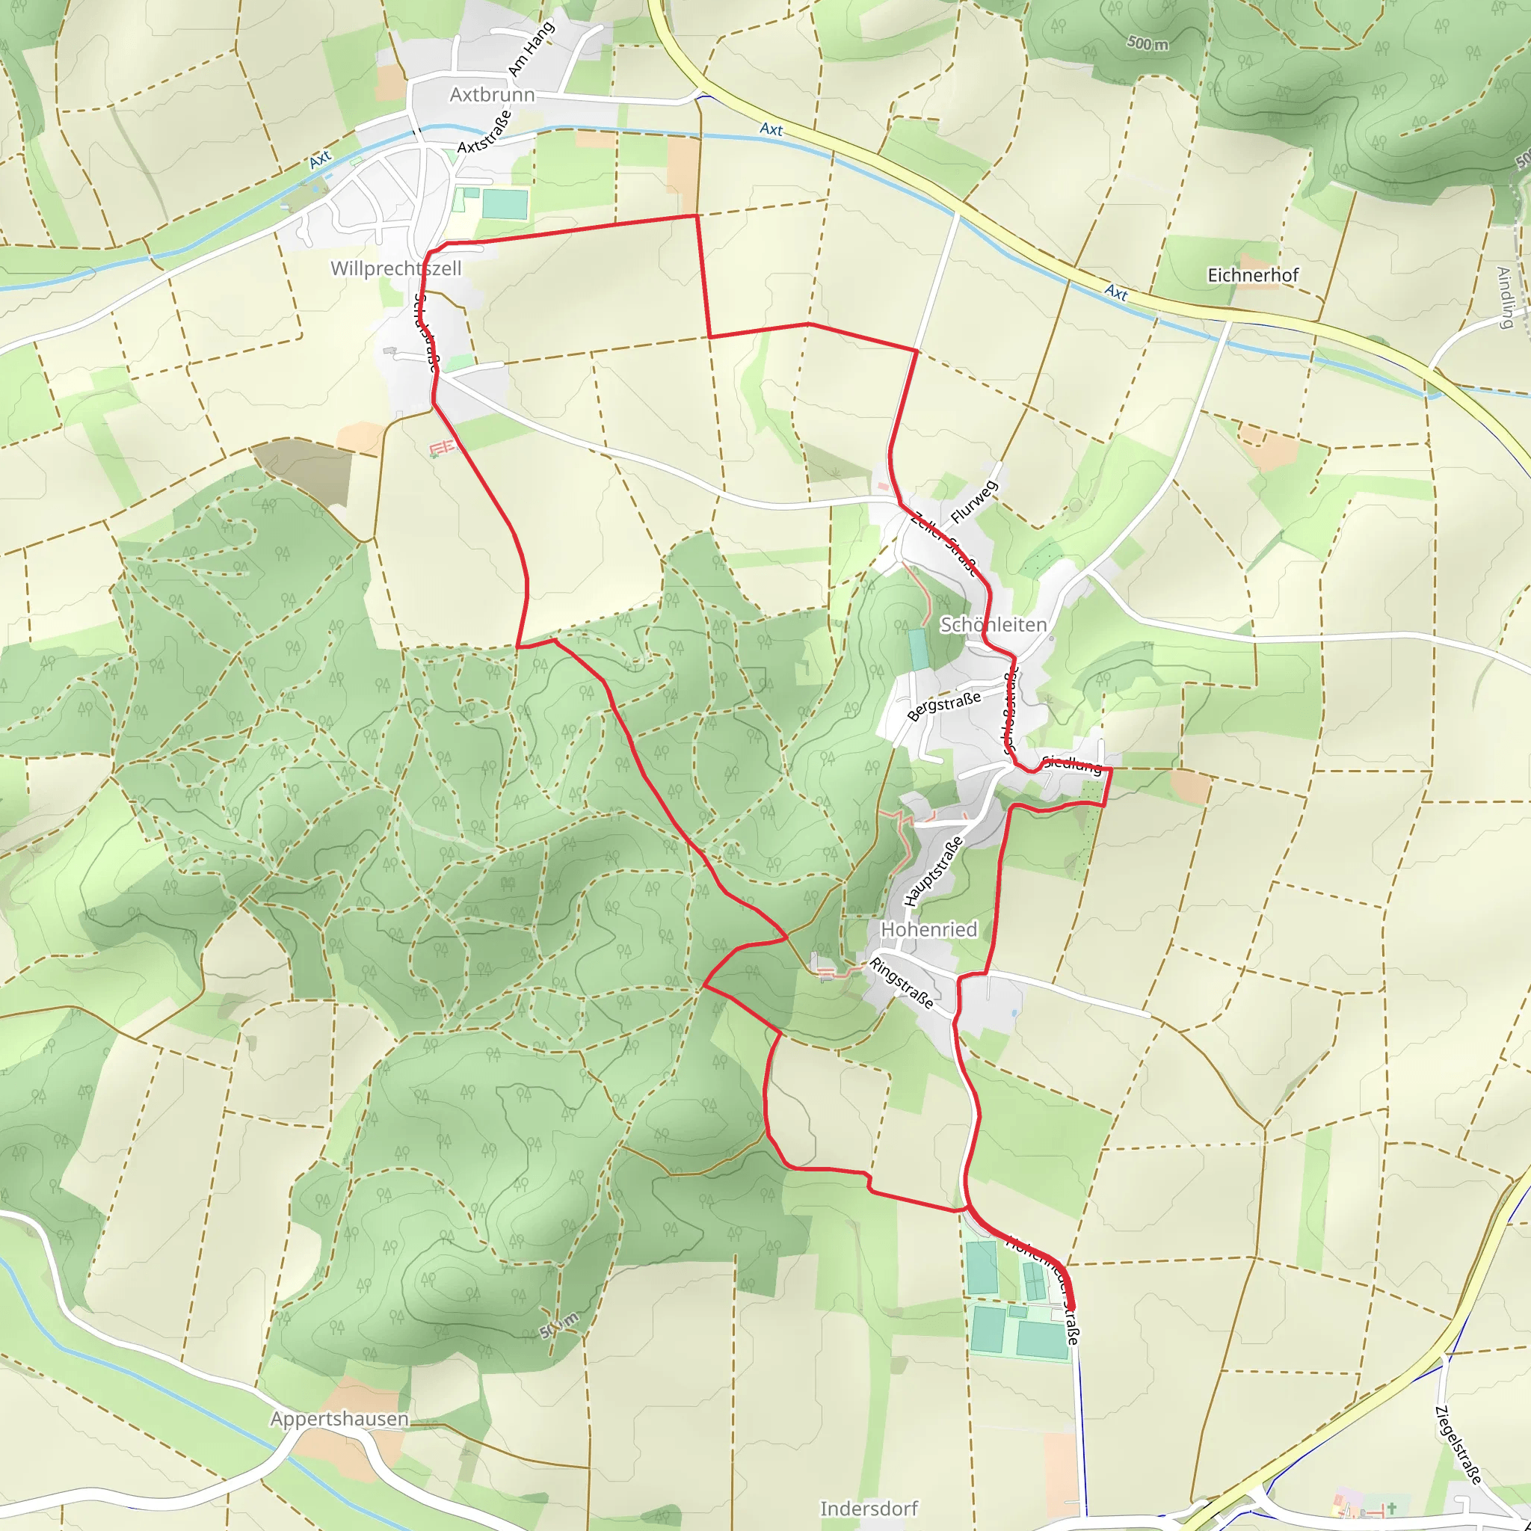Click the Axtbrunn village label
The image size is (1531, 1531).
492,95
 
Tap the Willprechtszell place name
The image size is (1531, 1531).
395,268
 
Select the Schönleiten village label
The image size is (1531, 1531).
993,625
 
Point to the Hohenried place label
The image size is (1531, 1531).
928,929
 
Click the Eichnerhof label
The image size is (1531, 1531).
1253,275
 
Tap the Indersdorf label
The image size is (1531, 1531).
869,1509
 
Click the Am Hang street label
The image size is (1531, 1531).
530,50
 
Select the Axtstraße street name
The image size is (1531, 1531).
484,132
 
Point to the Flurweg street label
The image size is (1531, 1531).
974,502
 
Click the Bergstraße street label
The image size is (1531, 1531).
944,705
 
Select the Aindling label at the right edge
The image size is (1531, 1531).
1505,298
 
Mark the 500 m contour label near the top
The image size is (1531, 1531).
1148,43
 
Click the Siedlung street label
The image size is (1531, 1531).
1071,764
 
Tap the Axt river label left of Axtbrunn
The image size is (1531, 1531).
319,160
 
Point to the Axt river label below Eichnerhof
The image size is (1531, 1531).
1116,292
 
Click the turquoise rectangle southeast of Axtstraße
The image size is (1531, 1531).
504,204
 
